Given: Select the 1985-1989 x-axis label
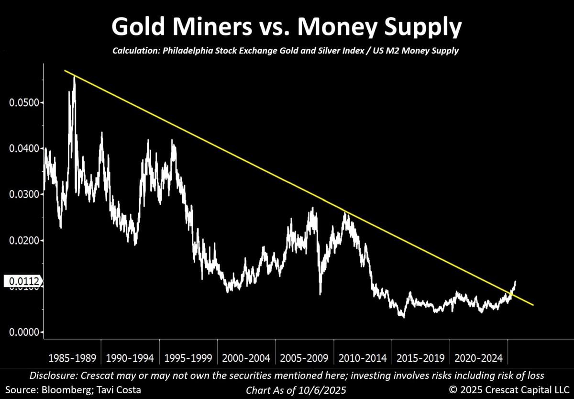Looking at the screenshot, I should [73, 358].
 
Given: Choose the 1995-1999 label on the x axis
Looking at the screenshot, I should [188, 358].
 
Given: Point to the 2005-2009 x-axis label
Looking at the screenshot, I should [304, 358].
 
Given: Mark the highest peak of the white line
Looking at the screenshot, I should [74, 77].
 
